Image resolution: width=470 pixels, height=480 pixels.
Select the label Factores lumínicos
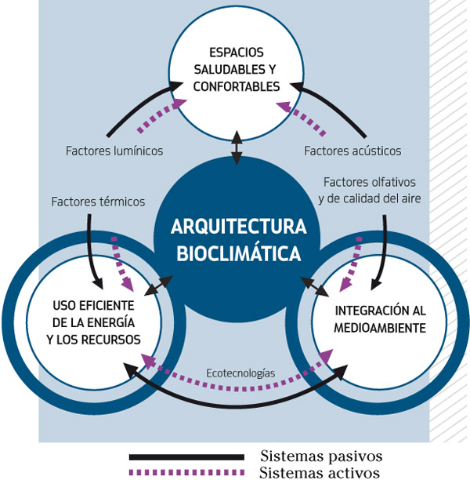pos(115,151)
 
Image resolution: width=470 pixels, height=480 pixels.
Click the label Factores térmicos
pos(98,202)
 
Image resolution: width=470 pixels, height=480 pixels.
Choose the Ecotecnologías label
pos(240,373)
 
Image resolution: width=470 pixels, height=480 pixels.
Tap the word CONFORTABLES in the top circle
pos(235,86)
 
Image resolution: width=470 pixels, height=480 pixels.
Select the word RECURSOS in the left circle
pos(114,340)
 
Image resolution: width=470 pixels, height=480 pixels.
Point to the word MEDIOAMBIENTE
pos(379,329)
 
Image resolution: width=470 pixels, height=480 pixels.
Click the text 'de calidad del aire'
pos(370,198)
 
